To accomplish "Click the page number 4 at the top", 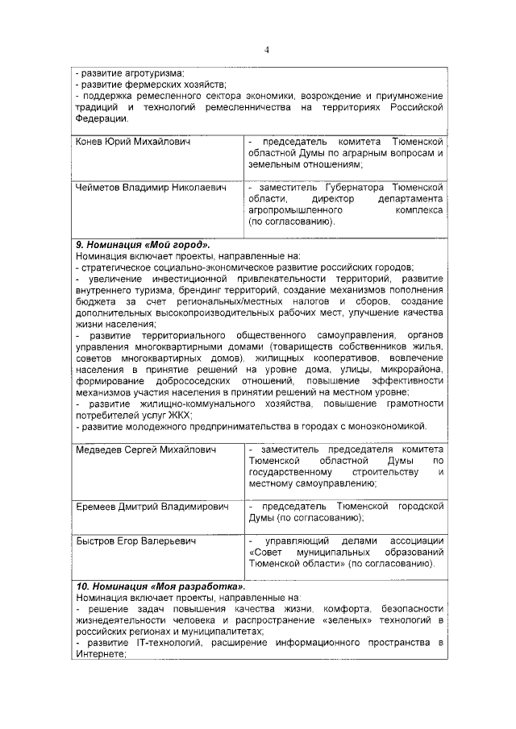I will pos(266,51).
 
